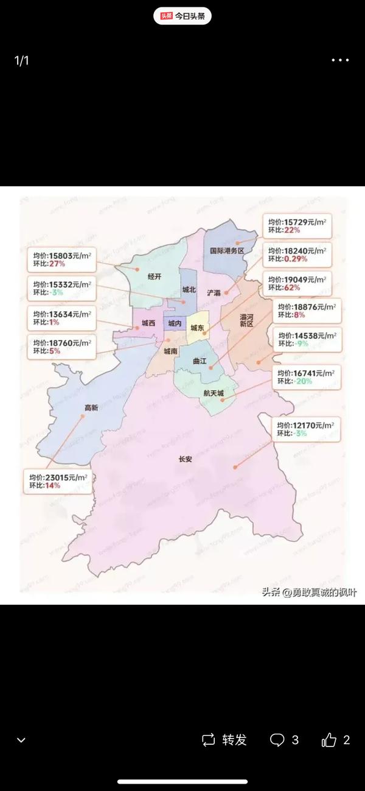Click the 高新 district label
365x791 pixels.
[91, 408]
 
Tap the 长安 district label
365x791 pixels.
[185, 460]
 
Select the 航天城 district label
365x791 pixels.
[214, 393]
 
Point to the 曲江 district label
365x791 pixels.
[200, 361]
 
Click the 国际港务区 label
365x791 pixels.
[226, 251]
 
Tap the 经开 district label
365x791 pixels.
[155, 276]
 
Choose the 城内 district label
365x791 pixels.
[175, 323]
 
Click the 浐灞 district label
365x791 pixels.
[214, 292]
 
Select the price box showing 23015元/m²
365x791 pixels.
[58, 482]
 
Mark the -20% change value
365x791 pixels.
[304, 381]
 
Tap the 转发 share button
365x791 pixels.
[224, 740]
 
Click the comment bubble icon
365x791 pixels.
[277, 740]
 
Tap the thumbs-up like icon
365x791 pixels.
[329, 740]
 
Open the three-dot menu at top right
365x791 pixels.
[340, 60]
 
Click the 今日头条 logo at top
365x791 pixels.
[182, 16]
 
